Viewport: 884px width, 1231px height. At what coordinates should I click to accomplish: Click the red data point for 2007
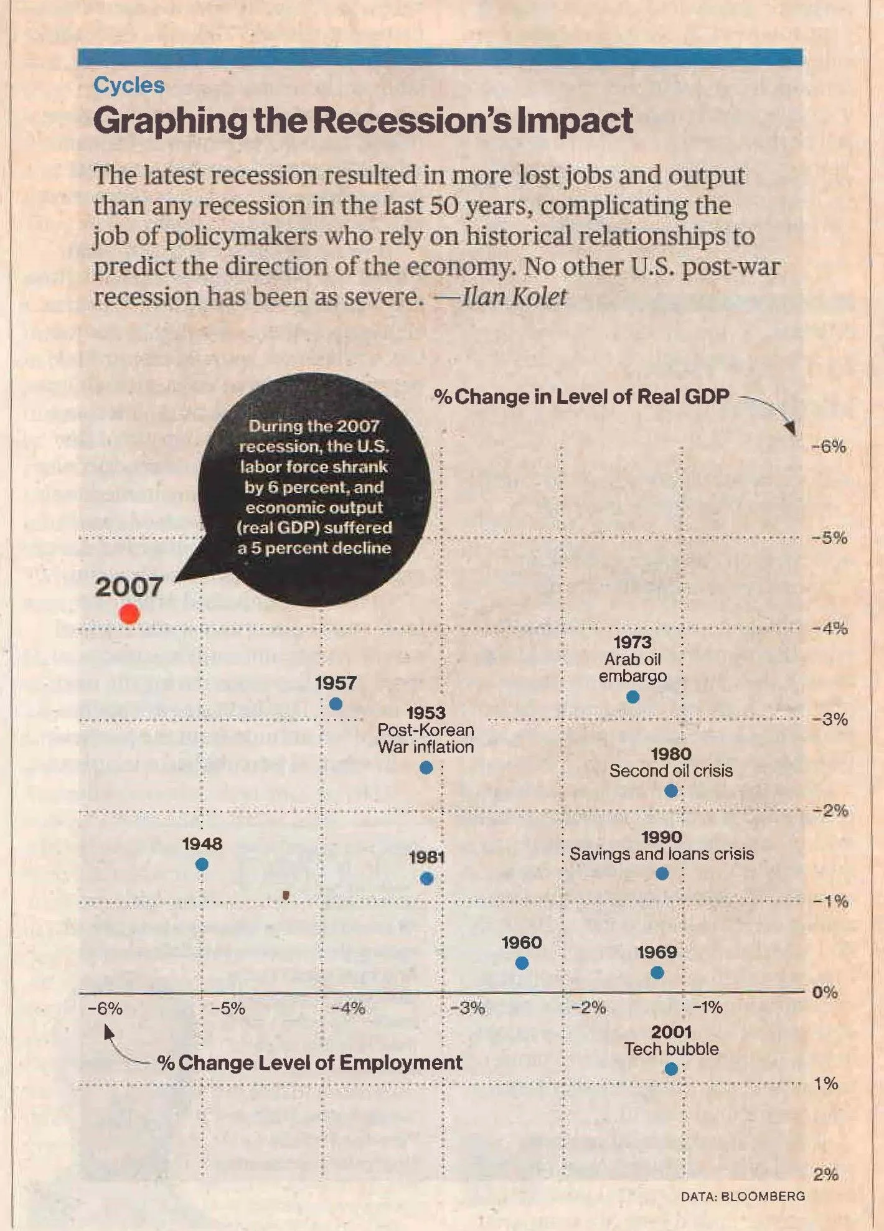pyautogui.click(x=129, y=614)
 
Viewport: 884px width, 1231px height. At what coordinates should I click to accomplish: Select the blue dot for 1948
pyautogui.click(x=202, y=864)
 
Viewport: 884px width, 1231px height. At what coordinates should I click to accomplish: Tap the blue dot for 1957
pyautogui.click(x=336, y=704)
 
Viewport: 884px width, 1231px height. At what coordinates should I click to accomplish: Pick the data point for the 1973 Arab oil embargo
pyautogui.click(x=632, y=697)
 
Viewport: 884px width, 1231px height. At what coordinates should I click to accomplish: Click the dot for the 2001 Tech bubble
pyautogui.click(x=671, y=1069)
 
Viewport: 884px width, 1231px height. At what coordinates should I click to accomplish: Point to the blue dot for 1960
pyautogui.click(x=522, y=963)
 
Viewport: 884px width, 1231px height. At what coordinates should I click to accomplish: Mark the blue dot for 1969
pyautogui.click(x=657, y=972)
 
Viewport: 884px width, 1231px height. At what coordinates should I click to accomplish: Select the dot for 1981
pyautogui.click(x=426, y=879)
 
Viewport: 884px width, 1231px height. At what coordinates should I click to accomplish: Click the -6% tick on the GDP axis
pyautogui.click(x=829, y=447)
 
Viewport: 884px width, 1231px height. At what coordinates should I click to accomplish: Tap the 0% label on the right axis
pyautogui.click(x=825, y=992)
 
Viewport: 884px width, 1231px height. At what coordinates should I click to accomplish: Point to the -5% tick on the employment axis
pyautogui.click(x=228, y=1008)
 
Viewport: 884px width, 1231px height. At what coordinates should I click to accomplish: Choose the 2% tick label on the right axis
pyautogui.click(x=825, y=1174)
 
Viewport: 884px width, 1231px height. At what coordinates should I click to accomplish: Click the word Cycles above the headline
pyautogui.click(x=129, y=85)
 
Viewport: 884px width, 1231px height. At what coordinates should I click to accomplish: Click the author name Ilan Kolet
pyautogui.click(x=514, y=296)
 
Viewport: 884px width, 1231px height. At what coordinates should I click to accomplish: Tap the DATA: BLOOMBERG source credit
pyautogui.click(x=742, y=1196)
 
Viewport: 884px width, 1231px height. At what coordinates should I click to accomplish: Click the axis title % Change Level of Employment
pyautogui.click(x=309, y=1062)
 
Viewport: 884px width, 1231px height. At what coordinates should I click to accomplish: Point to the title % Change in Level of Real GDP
pyautogui.click(x=581, y=396)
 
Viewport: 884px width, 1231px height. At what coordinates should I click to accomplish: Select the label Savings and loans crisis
pyautogui.click(x=661, y=854)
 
